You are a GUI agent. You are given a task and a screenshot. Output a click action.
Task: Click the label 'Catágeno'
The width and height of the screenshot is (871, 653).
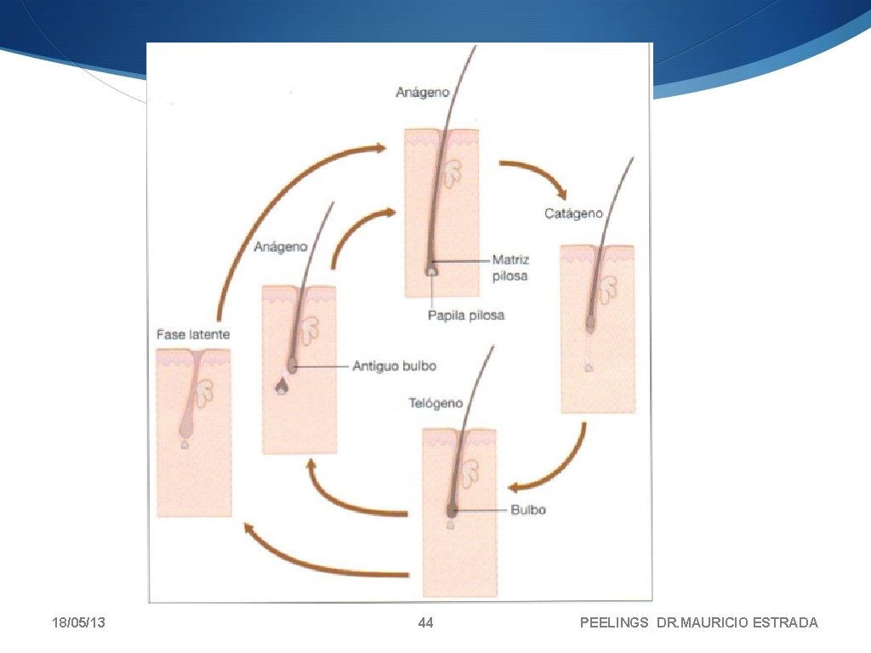[573, 213]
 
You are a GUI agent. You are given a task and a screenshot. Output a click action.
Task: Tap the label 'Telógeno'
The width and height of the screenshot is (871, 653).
[435, 402]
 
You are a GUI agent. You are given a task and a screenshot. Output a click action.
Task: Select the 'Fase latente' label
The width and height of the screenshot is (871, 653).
[193, 334]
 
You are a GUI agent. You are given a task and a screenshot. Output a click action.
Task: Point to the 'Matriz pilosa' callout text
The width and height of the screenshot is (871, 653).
[510, 268]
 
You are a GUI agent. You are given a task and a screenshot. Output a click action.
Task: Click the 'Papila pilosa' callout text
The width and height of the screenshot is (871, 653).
[465, 315]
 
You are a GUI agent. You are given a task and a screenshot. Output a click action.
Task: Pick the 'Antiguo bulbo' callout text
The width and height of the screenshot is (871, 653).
[394, 366]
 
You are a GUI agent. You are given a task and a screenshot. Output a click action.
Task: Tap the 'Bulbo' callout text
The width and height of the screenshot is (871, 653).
[529, 510]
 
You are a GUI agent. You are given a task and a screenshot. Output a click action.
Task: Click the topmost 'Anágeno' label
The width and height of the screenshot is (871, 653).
[422, 92]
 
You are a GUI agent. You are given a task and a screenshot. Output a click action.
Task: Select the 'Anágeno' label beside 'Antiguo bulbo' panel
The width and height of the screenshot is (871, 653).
[281, 247]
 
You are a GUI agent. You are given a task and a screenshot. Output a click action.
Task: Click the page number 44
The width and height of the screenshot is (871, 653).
[426, 623]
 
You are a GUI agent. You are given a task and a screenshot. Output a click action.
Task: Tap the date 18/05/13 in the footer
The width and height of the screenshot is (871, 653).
[77, 623]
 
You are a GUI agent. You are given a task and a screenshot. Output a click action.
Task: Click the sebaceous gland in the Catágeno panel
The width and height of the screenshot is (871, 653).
[607, 288]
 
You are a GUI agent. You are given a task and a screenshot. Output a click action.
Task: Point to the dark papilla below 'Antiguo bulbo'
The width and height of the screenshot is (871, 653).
[281, 388]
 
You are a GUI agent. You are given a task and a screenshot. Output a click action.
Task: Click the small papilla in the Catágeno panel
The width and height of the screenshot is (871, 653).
[588, 367]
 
